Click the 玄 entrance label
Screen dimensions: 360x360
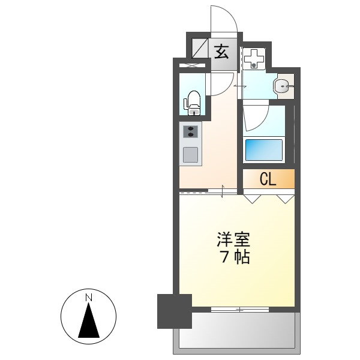(221, 51)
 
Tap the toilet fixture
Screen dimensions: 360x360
(193, 102)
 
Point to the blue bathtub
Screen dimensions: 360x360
(263, 149)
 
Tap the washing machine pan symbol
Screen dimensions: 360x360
(255, 58)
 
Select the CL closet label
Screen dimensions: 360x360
(268, 179)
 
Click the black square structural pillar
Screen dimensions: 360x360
(174, 311)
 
